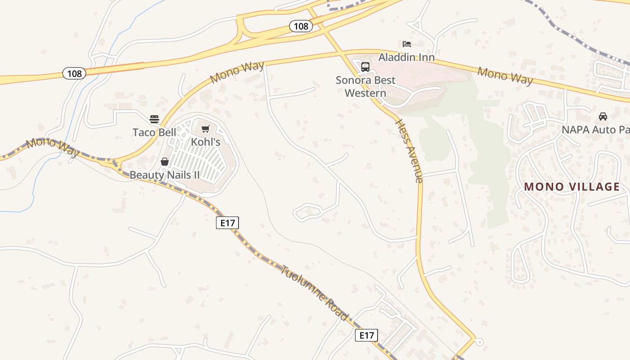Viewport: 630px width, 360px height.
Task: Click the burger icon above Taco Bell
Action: (154, 119)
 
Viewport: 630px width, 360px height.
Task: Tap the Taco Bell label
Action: (154, 132)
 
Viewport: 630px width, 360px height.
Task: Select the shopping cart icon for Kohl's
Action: (206, 129)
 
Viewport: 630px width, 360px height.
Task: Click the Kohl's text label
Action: (206, 142)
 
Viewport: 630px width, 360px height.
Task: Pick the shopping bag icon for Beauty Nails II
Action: (165, 162)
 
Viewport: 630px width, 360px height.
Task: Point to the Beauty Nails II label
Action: (165, 175)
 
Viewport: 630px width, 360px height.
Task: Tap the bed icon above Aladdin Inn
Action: (407, 44)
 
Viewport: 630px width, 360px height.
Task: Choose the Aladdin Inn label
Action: (407, 57)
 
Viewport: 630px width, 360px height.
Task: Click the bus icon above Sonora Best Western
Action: (365, 67)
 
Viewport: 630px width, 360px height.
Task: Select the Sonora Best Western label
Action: (365, 86)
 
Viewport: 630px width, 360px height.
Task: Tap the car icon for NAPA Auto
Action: (603, 117)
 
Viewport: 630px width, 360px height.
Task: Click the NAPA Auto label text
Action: (595, 130)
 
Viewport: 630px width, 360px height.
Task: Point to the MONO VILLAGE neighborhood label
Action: (572, 187)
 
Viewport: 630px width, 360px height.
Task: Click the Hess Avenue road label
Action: (409, 151)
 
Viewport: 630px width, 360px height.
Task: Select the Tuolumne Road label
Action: (315, 293)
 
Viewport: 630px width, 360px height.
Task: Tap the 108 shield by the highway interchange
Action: (301, 26)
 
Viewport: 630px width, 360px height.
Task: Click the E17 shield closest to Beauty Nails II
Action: (227, 222)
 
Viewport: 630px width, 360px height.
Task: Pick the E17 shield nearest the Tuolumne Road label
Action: (366, 335)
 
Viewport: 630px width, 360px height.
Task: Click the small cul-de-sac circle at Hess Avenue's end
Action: (479, 342)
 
